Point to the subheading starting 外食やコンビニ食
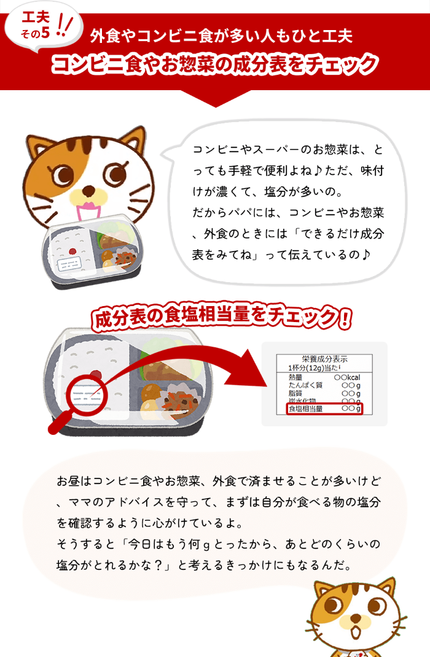tap(221, 36)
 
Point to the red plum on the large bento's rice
tap(96, 372)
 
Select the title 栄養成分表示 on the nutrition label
tap(324, 359)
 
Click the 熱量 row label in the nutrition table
tap(295, 377)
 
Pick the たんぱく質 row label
tap(305, 385)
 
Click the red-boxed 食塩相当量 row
tap(324, 409)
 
